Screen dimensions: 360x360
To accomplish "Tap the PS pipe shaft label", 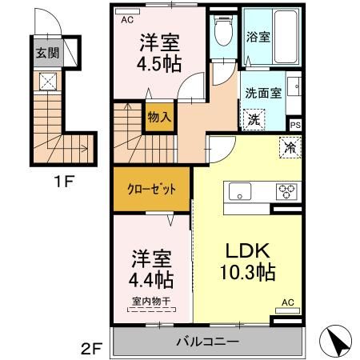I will tap(295, 126).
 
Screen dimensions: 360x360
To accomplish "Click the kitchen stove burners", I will tap(286, 191).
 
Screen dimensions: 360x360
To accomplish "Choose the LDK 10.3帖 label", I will tap(248, 260).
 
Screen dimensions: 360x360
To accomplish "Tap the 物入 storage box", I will tap(158, 117).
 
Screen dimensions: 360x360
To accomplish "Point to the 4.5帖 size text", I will tap(155, 66).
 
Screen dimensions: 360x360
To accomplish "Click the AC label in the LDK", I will tap(288, 303).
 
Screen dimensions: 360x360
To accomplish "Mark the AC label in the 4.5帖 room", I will tap(126, 22).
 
